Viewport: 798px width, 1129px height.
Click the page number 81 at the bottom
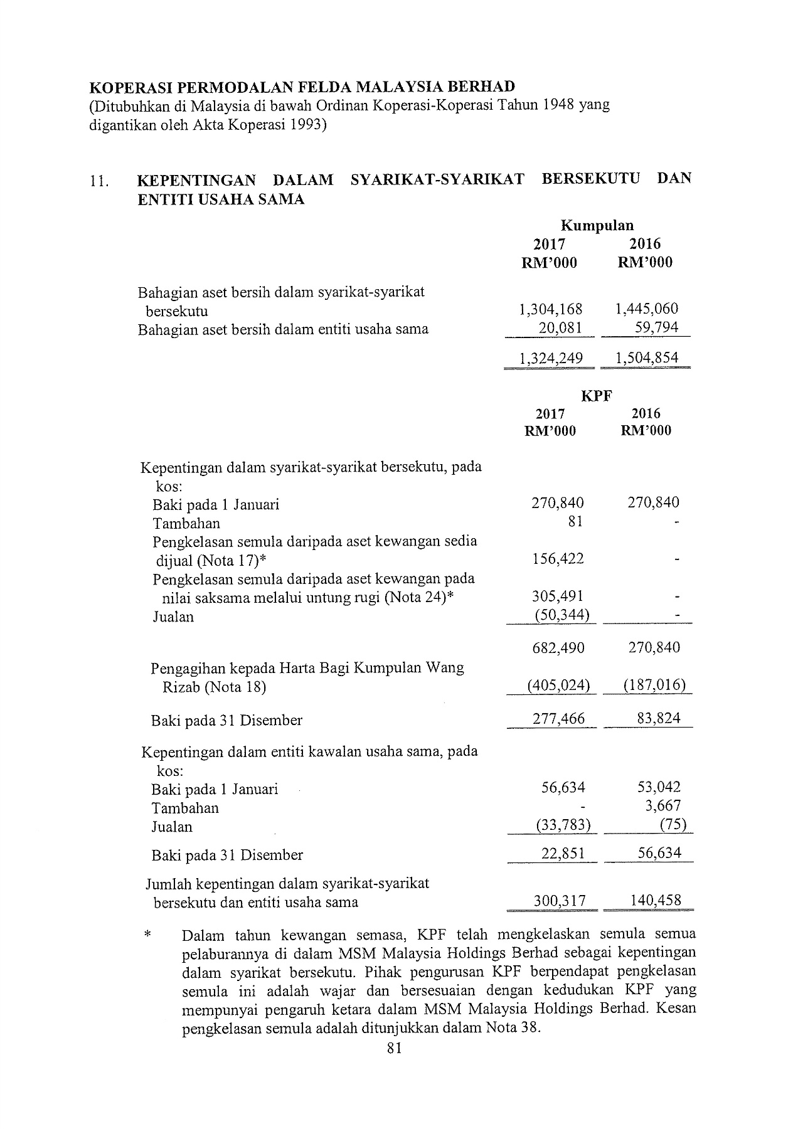click(395, 1048)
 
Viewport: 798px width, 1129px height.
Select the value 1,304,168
click(551, 309)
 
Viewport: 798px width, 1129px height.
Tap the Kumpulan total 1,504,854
click(647, 358)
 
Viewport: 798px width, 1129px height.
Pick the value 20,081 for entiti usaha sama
click(560, 327)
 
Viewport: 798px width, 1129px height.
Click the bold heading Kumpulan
click(597, 225)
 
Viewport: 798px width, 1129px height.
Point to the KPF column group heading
click(596, 396)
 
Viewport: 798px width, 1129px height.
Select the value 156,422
click(558, 558)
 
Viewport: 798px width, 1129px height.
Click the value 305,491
click(558, 596)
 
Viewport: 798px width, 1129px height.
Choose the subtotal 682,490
click(558, 647)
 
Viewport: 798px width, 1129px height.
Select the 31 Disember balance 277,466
click(558, 718)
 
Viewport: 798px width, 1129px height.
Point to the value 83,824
click(658, 718)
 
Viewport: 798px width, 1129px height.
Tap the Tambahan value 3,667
click(663, 806)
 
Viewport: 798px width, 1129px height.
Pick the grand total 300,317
click(559, 901)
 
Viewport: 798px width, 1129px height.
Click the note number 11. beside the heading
click(98, 182)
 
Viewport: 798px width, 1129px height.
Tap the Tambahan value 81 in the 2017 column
click(575, 521)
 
